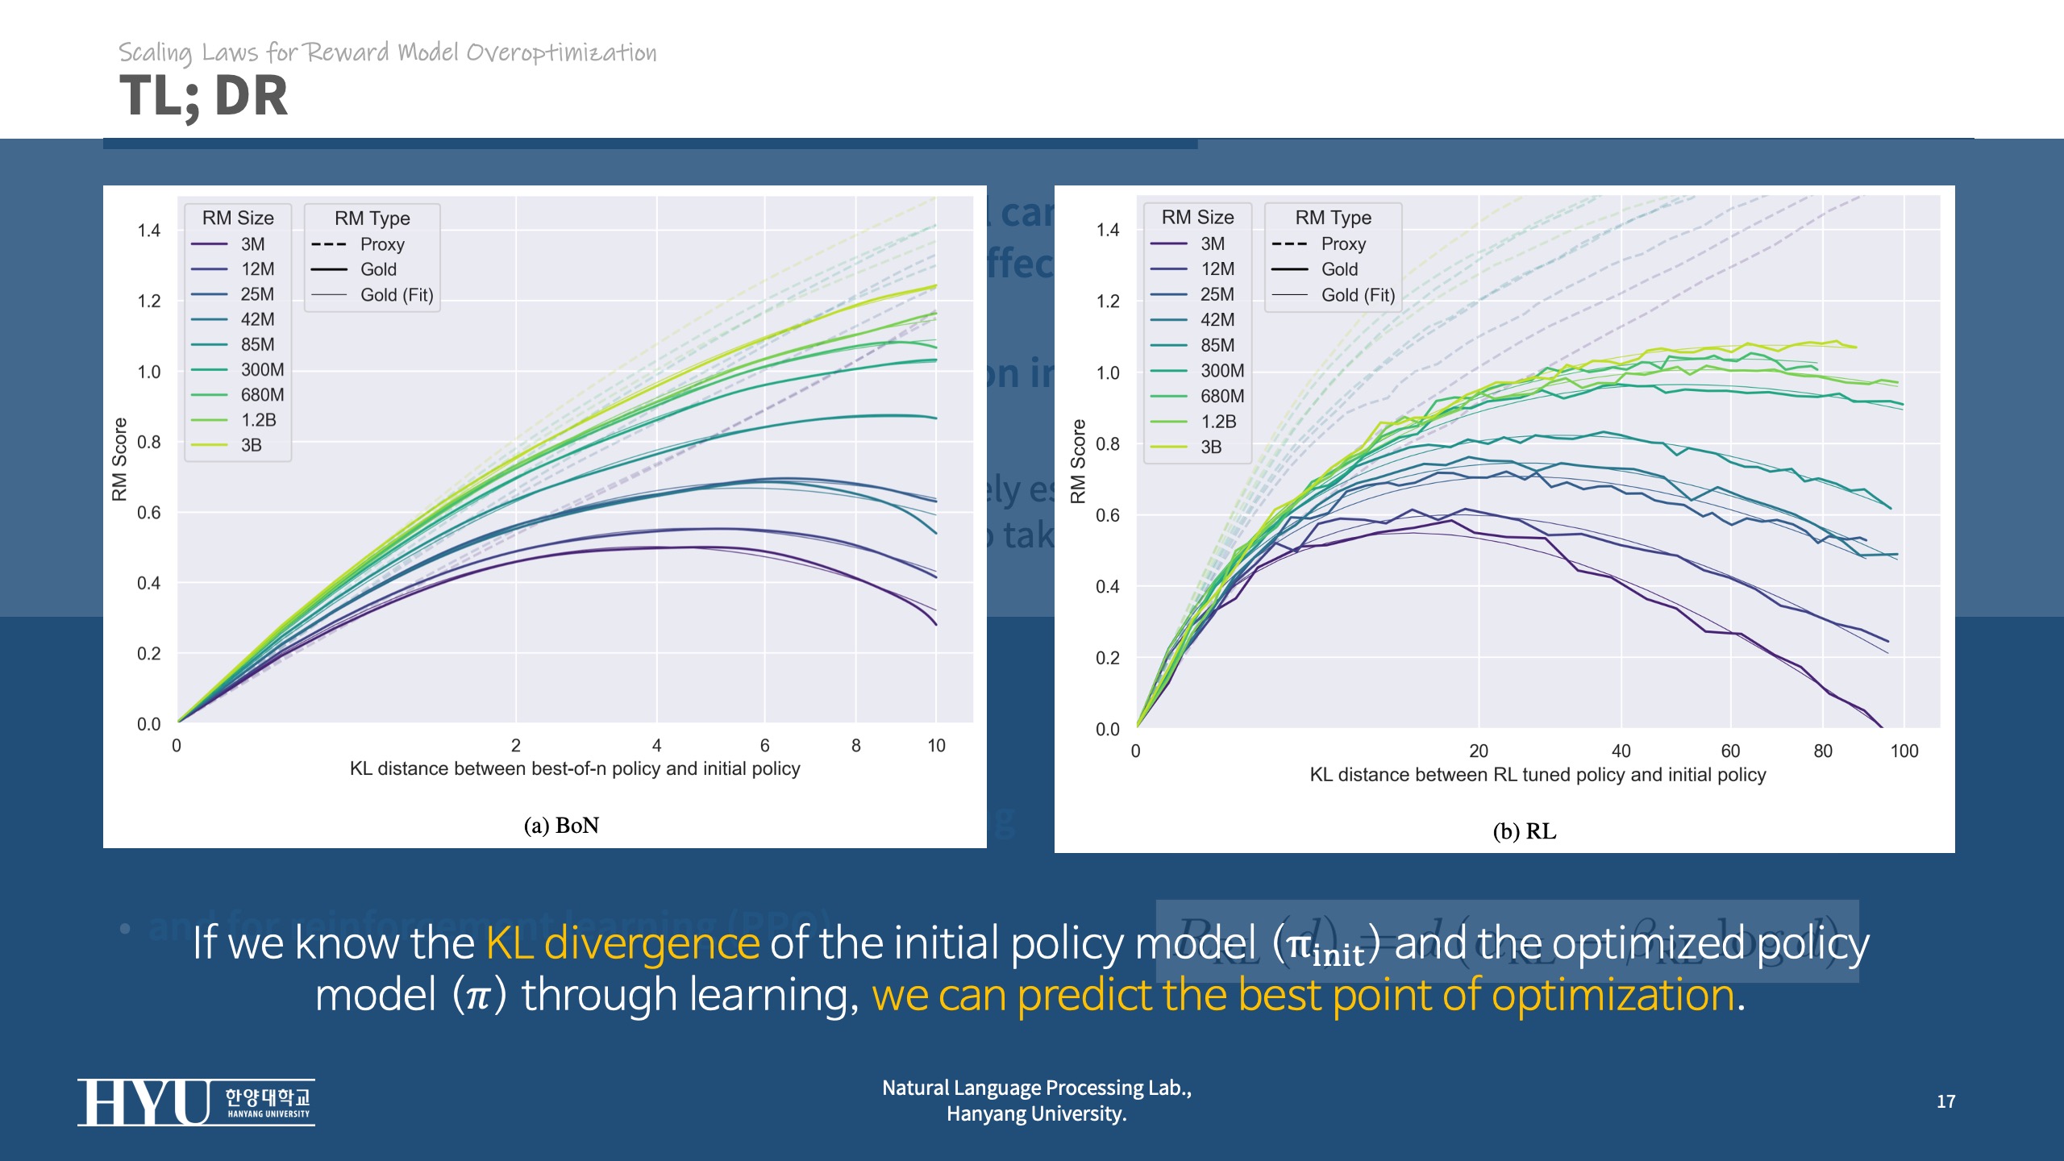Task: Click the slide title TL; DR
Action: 203,96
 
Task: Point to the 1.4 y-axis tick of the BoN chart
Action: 149,231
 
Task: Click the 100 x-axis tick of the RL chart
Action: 1904,751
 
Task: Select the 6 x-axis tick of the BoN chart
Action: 764,746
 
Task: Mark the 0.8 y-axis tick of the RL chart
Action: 1108,443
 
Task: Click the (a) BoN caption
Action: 561,826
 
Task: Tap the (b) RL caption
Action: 1524,831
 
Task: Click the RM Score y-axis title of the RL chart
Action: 1077,461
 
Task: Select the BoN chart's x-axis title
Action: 575,769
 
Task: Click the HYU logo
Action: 196,1102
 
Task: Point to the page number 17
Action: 1945,1101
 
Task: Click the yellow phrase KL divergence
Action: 622,943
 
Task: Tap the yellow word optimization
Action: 1612,995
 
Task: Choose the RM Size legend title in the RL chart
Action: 1197,218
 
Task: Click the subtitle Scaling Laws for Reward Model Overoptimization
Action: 388,53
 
